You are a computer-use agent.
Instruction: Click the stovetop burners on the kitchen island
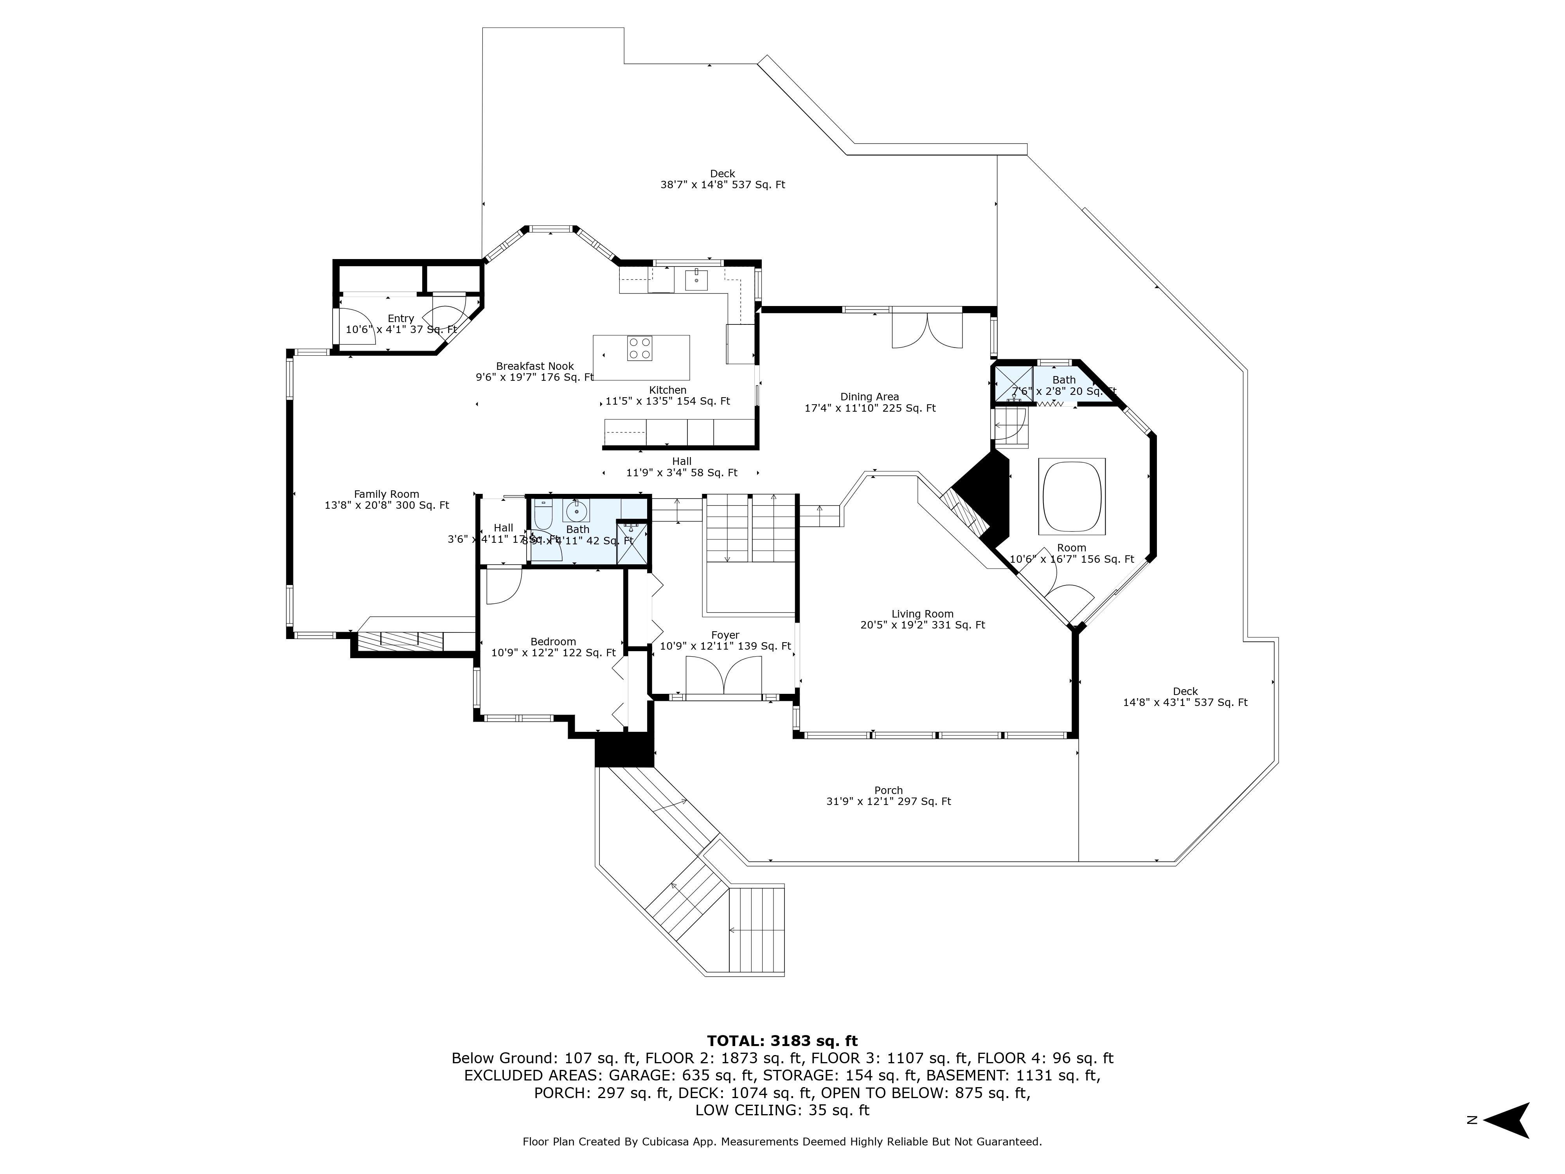(640, 348)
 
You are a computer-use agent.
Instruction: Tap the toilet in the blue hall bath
(543, 515)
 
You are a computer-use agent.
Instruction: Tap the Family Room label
(386, 500)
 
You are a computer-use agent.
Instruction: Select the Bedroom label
(553, 647)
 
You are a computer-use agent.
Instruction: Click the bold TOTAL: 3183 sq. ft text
(782, 1041)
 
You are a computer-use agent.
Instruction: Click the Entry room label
(401, 324)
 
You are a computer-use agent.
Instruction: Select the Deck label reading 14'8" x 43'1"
(1185, 697)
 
